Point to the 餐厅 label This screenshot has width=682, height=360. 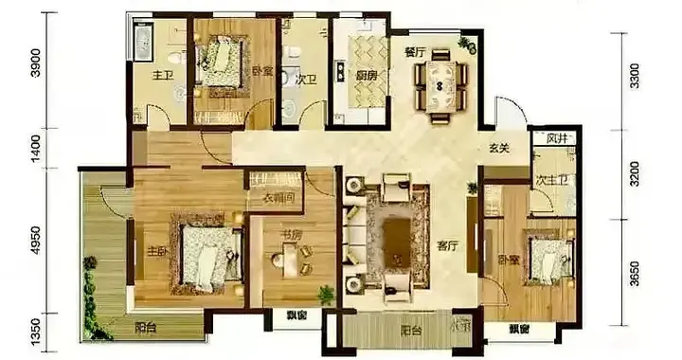coord(414,53)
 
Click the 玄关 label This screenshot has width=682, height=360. coord(500,148)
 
